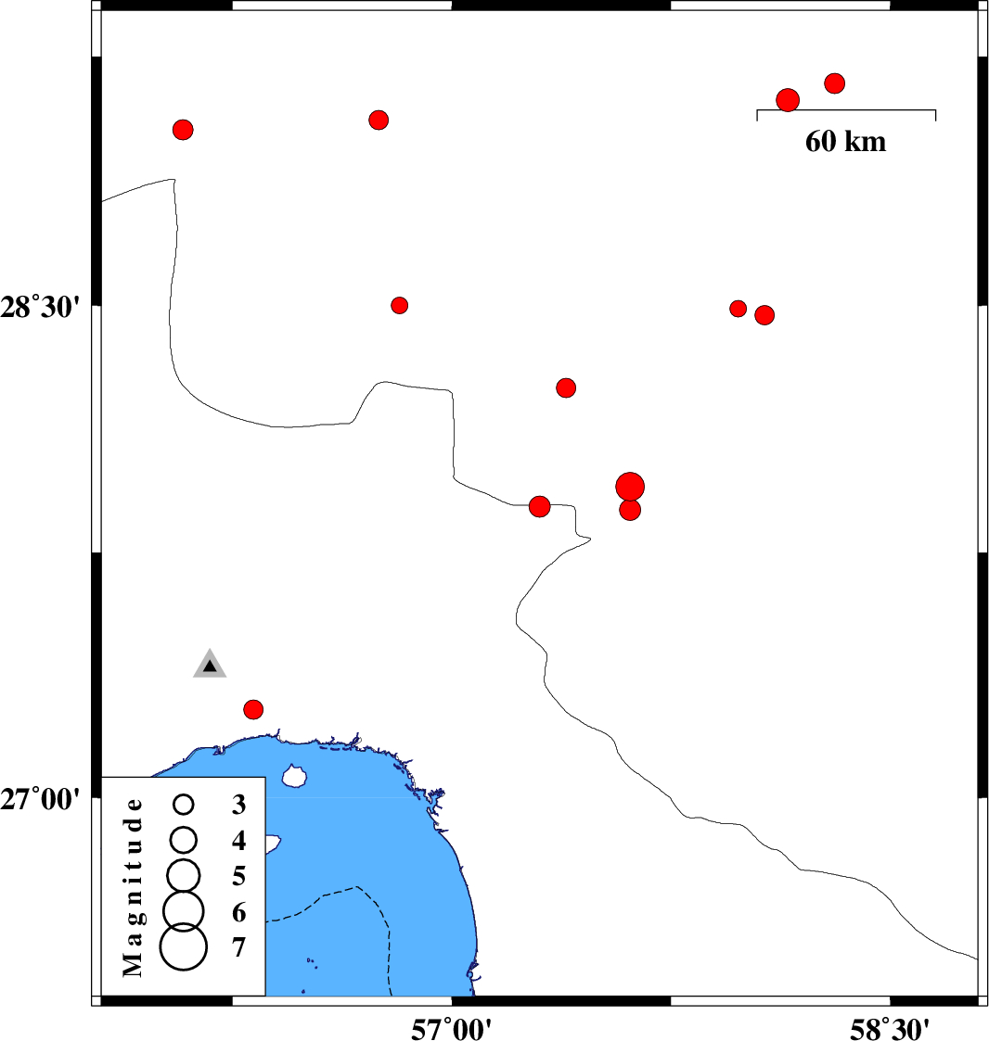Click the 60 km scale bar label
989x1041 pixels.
pos(845,142)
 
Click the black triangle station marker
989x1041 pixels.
pos(210,665)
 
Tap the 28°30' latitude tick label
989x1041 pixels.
pos(40,308)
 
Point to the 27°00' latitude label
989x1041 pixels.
pos(40,799)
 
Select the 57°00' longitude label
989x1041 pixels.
pos(451,1028)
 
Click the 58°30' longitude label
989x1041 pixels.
pos(890,1028)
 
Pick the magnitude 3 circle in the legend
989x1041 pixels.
pos(184,805)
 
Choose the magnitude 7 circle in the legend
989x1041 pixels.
pos(184,946)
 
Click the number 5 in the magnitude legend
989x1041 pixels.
pos(238,876)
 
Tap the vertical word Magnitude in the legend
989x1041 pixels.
pos(133,887)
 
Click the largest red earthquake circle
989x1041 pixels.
pos(630,487)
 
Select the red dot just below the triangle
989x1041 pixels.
pos(253,710)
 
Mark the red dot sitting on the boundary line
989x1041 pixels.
pos(540,506)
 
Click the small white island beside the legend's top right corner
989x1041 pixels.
pos(293,776)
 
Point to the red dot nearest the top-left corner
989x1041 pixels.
pos(183,130)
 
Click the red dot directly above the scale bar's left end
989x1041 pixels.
pos(788,100)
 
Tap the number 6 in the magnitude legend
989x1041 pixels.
pos(238,913)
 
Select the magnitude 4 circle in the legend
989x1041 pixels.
pos(184,840)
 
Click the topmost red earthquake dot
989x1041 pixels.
pos(834,83)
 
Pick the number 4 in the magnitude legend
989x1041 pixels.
pos(238,841)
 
